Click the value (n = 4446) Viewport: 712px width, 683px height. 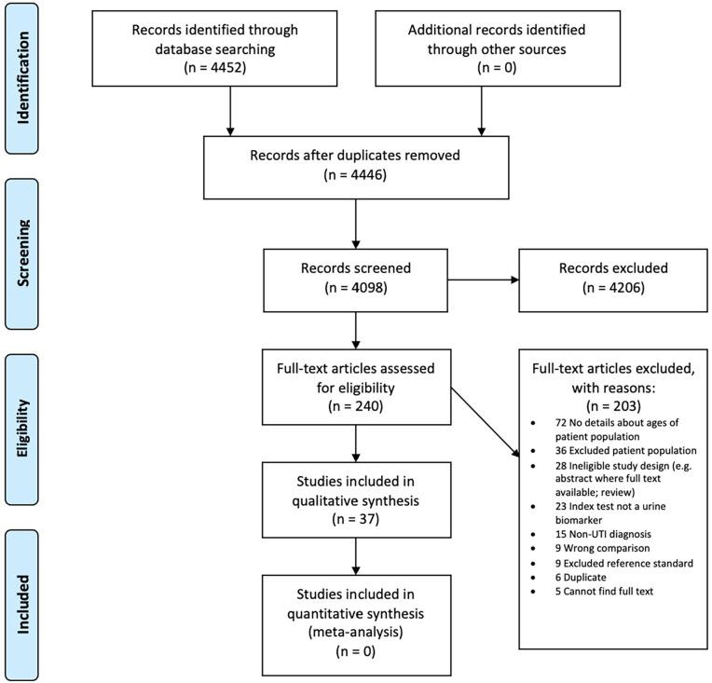point(355,175)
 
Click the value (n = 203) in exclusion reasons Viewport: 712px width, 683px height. point(610,406)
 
